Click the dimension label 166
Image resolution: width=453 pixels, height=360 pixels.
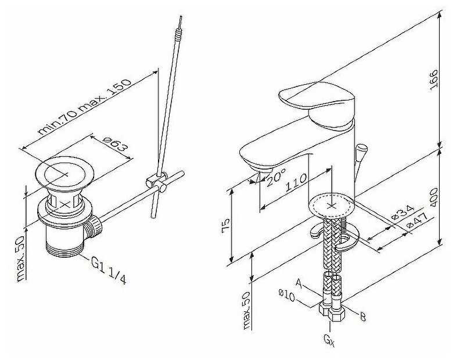click(434, 80)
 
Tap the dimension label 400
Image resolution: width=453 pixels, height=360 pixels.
click(434, 197)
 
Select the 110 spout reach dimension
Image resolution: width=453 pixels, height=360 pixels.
click(296, 182)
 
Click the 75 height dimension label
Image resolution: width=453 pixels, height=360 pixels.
click(226, 224)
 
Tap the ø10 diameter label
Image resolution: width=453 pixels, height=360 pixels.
click(286, 295)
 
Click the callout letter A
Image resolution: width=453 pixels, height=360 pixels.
click(299, 283)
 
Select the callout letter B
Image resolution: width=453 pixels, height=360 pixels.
click(362, 316)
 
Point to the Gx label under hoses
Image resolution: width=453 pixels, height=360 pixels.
click(329, 340)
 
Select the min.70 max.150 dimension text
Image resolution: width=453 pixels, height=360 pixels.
click(84, 107)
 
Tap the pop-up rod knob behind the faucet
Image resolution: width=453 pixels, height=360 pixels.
click(362, 150)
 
